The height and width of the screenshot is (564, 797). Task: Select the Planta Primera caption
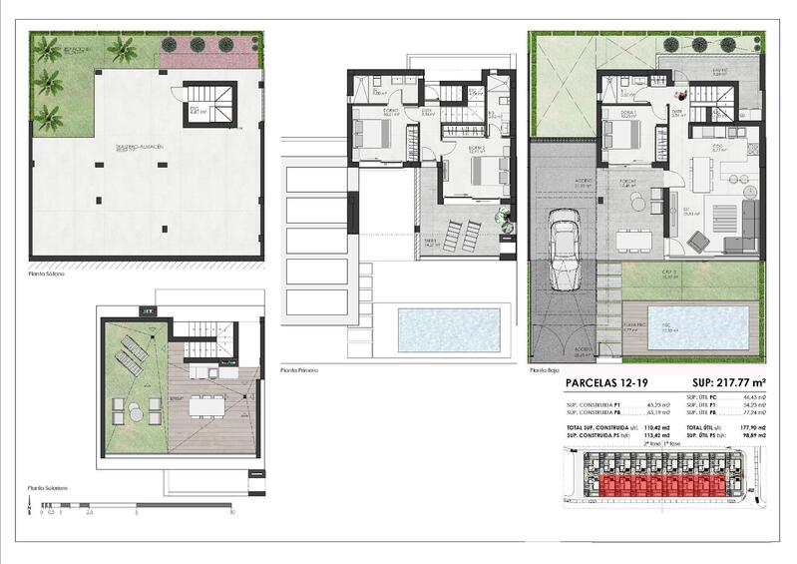pyautogui.click(x=300, y=369)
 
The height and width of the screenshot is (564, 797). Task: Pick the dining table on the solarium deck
pyautogui.click(x=208, y=406)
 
